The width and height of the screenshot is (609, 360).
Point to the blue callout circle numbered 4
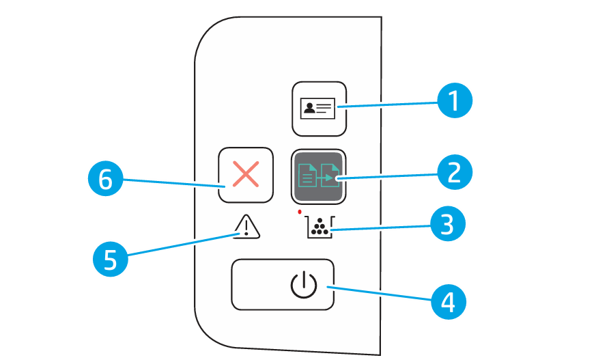point(449,301)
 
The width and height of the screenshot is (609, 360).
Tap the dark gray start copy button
point(319,176)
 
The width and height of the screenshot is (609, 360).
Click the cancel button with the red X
point(245,176)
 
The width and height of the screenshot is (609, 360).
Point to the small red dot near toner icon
point(300,212)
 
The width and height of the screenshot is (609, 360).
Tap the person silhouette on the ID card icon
point(311,108)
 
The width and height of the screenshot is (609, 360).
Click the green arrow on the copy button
point(329,178)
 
